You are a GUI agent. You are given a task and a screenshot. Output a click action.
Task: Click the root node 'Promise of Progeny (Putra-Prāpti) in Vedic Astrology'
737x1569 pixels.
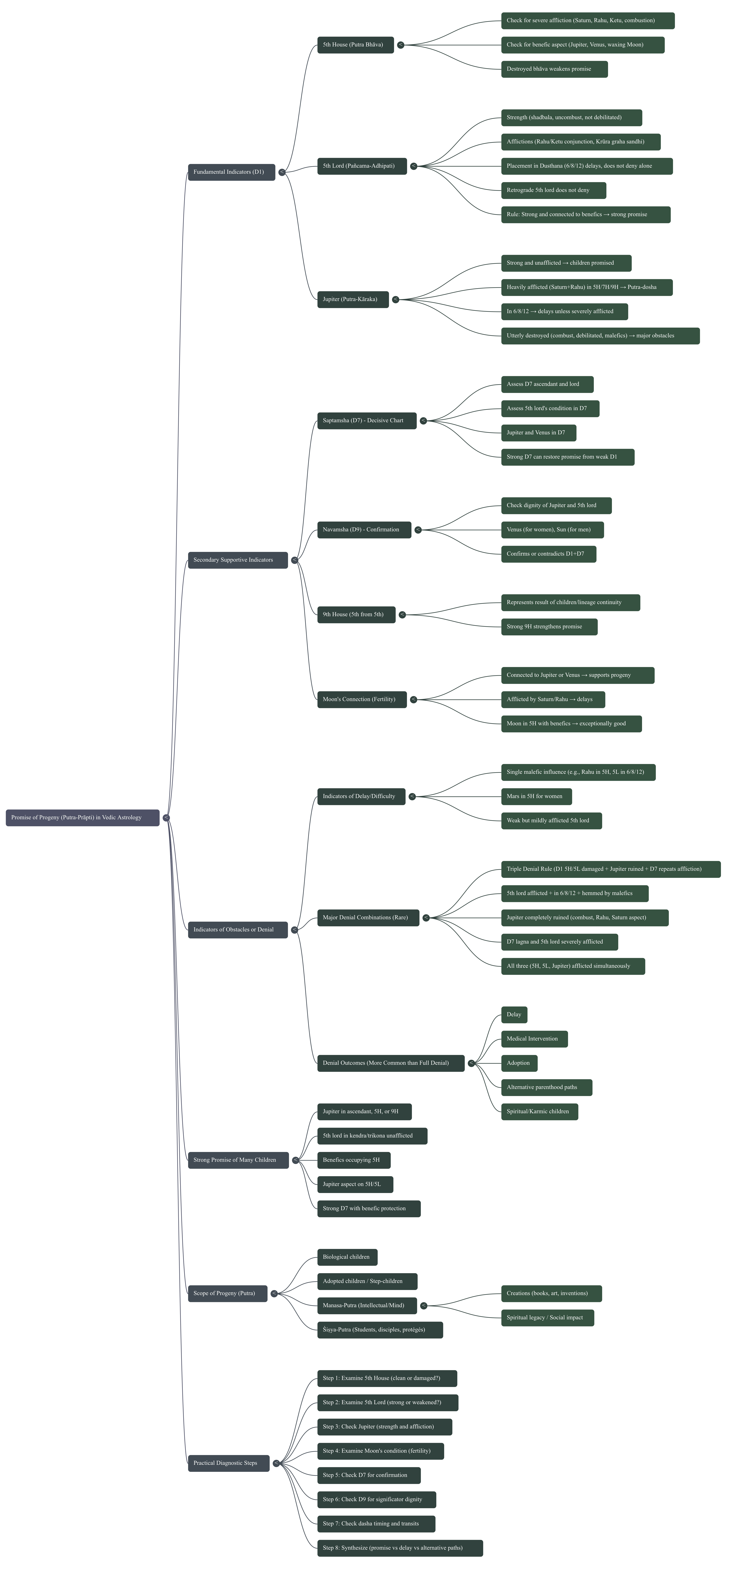pos(82,817)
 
